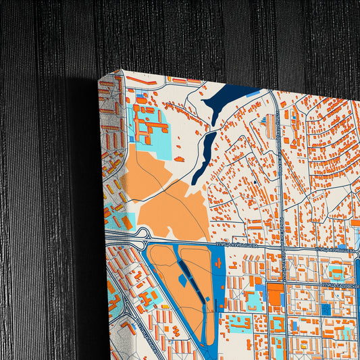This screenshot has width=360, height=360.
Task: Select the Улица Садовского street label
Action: (343, 286)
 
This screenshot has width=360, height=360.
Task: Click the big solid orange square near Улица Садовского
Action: (275, 294)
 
